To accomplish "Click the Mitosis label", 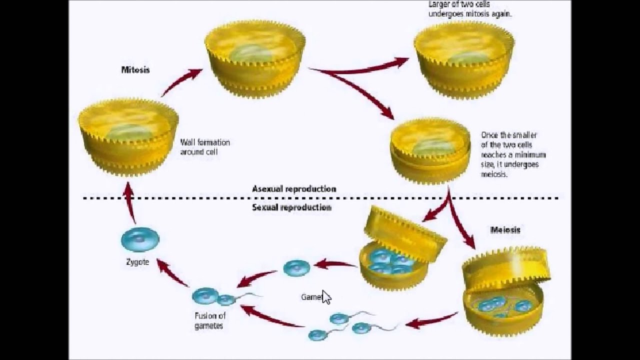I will click(x=135, y=70).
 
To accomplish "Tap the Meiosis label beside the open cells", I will click(x=505, y=230).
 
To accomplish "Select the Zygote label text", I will click(x=137, y=262).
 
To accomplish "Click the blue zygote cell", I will click(x=140, y=239).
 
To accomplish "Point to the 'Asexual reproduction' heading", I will click(x=294, y=189).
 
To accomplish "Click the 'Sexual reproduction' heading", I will click(x=291, y=207).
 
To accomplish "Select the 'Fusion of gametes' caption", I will click(x=209, y=320).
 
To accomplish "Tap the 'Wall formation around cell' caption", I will click(x=205, y=147).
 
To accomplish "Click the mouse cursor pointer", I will click(x=326, y=297).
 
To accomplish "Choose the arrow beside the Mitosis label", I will click(x=181, y=81).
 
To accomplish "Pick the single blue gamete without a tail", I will click(x=296, y=268).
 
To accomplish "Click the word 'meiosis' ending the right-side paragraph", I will click(x=494, y=175).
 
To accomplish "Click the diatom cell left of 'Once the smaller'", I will click(x=430, y=150).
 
